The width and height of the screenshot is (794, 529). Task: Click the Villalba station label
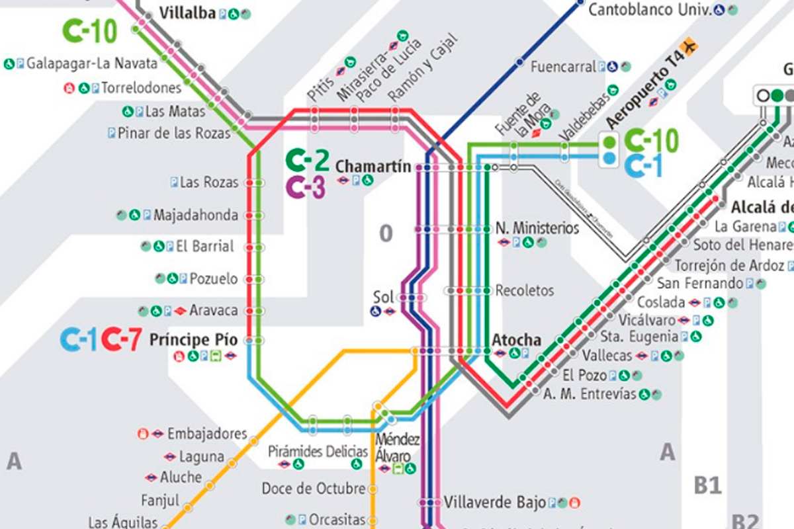pyautogui.click(x=188, y=13)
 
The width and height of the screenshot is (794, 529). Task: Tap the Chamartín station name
pyautogui.click(x=373, y=166)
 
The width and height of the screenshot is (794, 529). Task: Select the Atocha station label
pyautogui.click(x=516, y=340)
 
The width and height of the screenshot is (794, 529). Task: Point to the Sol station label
pyautogui.click(x=383, y=297)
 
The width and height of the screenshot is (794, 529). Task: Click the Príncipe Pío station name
pyautogui.click(x=193, y=341)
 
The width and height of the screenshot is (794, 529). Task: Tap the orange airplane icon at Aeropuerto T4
pyautogui.click(x=691, y=46)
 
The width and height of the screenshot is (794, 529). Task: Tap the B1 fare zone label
pyautogui.click(x=707, y=485)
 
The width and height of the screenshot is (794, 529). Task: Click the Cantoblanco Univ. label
pyautogui.click(x=649, y=10)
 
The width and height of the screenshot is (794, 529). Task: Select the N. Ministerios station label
pyautogui.click(x=537, y=229)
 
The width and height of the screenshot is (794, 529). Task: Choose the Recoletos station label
pyautogui.click(x=525, y=290)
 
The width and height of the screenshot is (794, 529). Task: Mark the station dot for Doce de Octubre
pyautogui.click(x=373, y=489)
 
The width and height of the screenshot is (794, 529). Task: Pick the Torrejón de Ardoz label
pyautogui.click(x=728, y=266)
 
